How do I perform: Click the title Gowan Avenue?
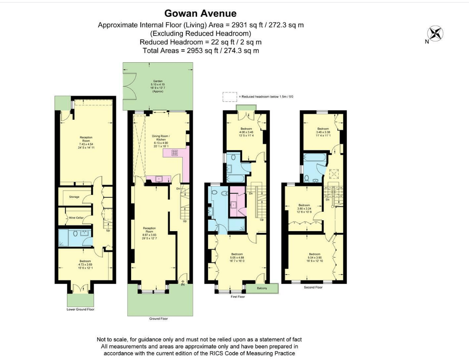pyautogui.click(x=200, y=13)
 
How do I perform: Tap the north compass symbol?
pyautogui.click(x=436, y=34)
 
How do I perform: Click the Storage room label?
pyautogui.click(x=74, y=197)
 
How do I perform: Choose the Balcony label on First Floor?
pyautogui.click(x=262, y=288)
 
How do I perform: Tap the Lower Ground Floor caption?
pyautogui.click(x=80, y=309)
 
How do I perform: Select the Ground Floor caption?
pyautogui.click(x=159, y=318)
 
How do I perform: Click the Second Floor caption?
pyautogui.click(x=313, y=287)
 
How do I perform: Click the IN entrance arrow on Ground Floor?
pyautogui.click(x=183, y=283)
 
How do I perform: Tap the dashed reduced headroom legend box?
pyautogui.click(x=229, y=97)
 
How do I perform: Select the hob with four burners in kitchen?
pyautogui.click(x=175, y=153)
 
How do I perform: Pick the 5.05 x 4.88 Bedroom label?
pyautogui.click(x=237, y=256)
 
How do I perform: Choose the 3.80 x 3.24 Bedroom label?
pyautogui.click(x=304, y=208)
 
